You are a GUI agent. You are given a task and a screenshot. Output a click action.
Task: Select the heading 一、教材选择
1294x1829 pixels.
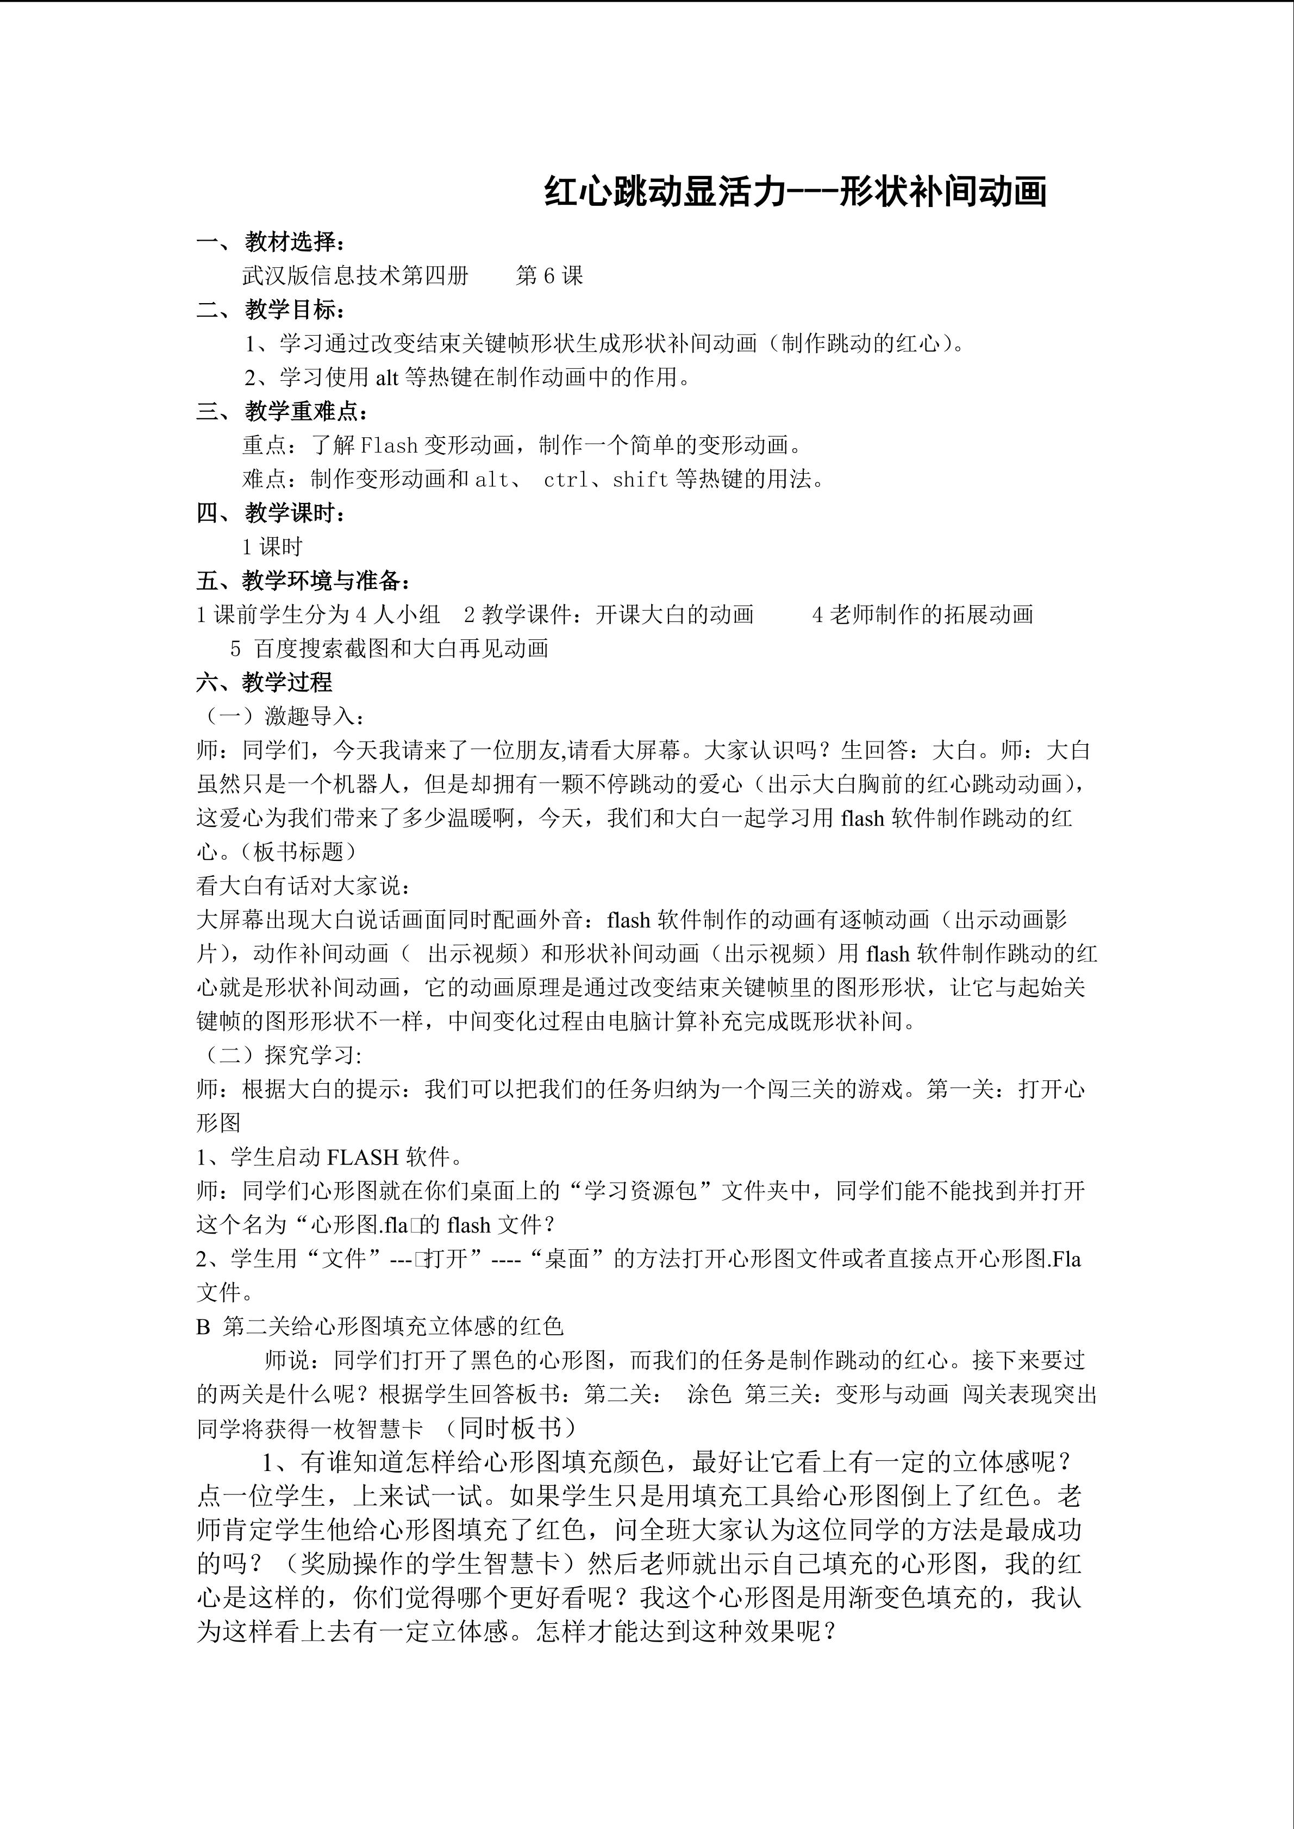[272, 241]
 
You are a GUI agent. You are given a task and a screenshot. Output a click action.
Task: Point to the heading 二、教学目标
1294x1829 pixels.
[272, 309]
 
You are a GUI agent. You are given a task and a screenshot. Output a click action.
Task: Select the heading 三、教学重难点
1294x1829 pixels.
[283, 412]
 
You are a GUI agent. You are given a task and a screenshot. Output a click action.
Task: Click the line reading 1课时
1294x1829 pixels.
[272, 547]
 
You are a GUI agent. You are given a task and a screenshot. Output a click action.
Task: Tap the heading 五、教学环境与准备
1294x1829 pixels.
[304, 581]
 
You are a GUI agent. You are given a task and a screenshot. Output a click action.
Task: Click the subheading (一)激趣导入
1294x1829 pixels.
[282, 716]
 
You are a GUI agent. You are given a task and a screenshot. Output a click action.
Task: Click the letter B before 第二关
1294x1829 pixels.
[203, 1327]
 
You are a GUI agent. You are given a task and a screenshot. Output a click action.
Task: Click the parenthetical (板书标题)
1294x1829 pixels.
[299, 852]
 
